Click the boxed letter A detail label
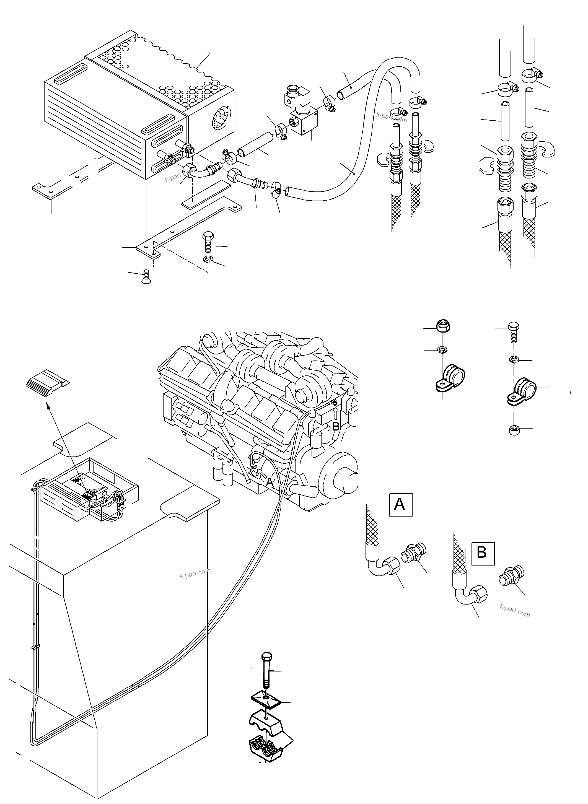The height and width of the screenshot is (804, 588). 400,504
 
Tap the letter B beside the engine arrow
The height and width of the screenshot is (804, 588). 336,426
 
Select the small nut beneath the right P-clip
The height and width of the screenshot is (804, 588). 514,430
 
